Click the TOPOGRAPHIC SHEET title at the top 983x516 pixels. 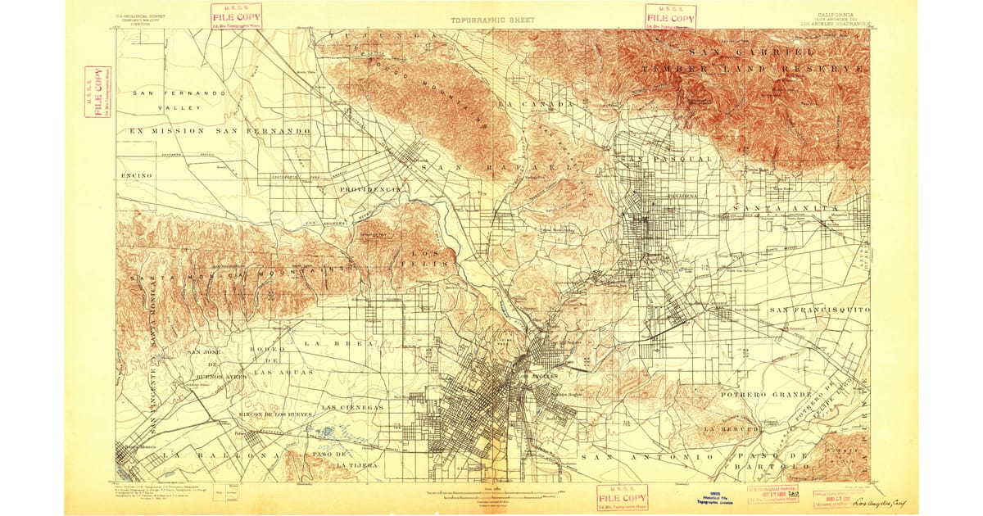pyautogui.click(x=491, y=19)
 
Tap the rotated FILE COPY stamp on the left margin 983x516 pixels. pyautogui.click(x=97, y=92)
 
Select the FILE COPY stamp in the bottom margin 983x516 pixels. pyautogui.click(x=622, y=497)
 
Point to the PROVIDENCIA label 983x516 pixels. pyautogui.click(x=369, y=189)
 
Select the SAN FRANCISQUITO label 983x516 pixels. pyautogui.click(x=819, y=310)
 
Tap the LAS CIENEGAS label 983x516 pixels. pyautogui.click(x=352, y=407)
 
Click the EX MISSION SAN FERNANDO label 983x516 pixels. pyautogui.click(x=215, y=131)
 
